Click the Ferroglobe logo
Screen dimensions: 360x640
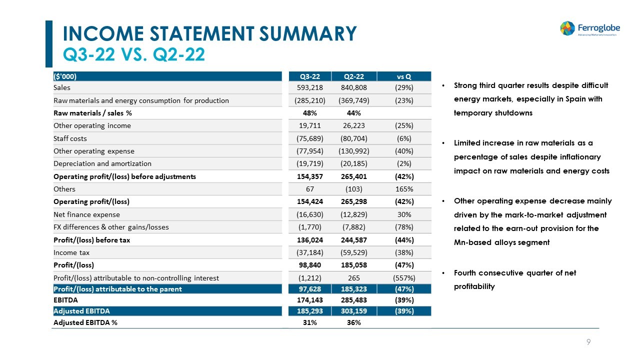tap(588, 28)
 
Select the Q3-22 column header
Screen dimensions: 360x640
tap(309, 76)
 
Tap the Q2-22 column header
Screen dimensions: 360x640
tap(353, 76)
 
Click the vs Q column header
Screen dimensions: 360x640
tap(403, 76)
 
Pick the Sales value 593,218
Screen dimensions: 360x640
tap(309, 87)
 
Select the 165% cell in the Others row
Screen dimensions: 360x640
tap(403, 189)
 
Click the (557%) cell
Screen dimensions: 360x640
tap(403, 277)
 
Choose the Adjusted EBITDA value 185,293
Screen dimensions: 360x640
tap(309, 311)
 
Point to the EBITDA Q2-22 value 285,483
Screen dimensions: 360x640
tap(353, 299)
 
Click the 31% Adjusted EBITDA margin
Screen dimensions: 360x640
tap(309, 322)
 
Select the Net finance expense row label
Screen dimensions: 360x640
tap(86, 214)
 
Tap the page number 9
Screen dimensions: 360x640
tap(588, 342)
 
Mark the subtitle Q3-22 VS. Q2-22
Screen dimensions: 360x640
tap(133, 54)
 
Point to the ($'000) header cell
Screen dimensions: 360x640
tap(65, 76)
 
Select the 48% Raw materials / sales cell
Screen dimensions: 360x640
tap(309, 113)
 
